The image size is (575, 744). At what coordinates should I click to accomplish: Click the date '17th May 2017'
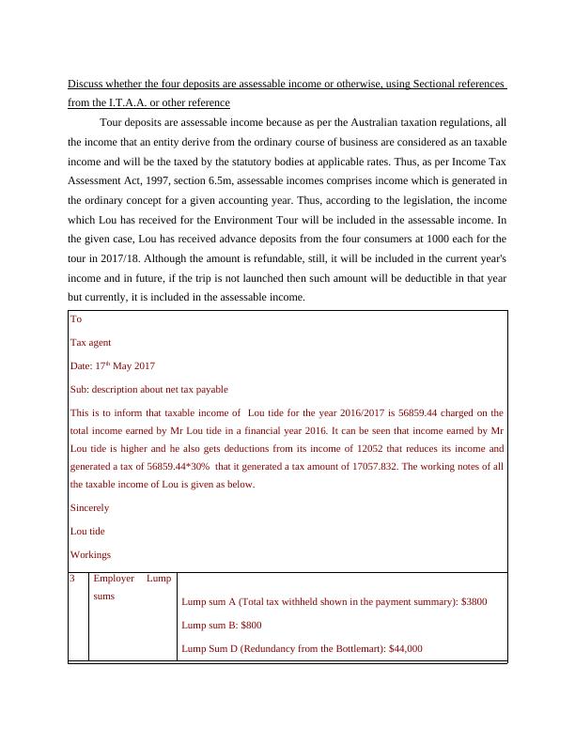(x=113, y=365)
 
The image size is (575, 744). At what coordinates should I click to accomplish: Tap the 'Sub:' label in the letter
(x=80, y=389)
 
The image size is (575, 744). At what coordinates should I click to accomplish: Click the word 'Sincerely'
(x=89, y=508)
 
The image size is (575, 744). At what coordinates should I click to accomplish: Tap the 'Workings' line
(x=90, y=555)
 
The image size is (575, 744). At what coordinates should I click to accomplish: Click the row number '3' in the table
(x=73, y=579)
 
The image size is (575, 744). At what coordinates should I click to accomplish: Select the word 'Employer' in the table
(x=114, y=579)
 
